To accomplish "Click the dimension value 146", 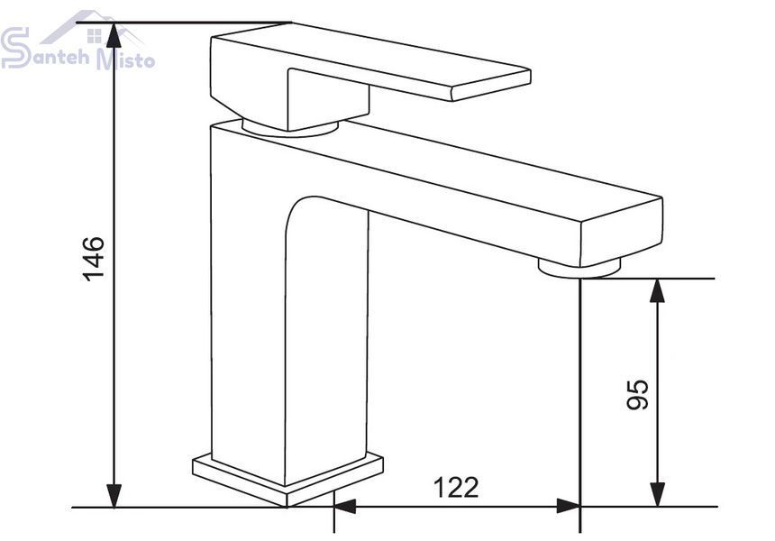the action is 94,259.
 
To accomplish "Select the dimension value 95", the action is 637,394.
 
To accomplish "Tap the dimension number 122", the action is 456,488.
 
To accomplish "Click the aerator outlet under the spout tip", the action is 579,269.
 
